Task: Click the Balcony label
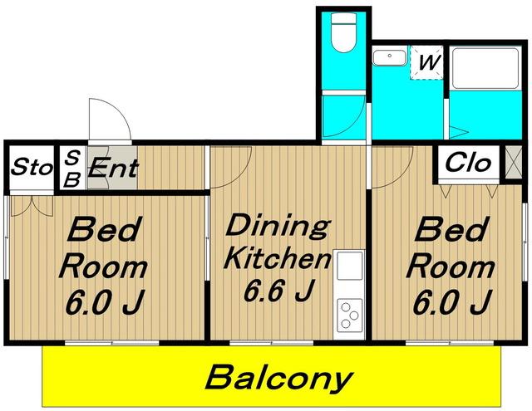[279, 378]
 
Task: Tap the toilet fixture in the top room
[343, 33]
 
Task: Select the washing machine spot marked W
[426, 62]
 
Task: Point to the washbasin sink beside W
[390, 57]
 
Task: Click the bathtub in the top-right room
[485, 68]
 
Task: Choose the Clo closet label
[468, 163]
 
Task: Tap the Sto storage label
[32, 167]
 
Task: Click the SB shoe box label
[72, 169]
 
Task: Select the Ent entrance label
[113, 168]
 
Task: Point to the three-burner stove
[349, 316]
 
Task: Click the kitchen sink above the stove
[349, 267]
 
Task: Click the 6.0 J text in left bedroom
[105, 301]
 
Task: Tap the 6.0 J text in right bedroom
[452, 301]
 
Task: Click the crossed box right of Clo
[513, 162]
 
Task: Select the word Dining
[278, 226]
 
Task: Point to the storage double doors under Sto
[32, 206]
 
